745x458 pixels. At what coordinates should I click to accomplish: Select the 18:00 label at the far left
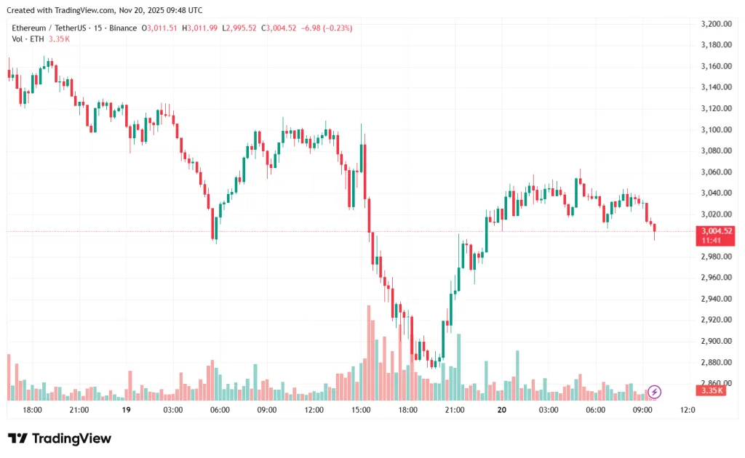click(32, 410)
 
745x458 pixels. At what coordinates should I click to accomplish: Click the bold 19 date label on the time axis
click(126, 410)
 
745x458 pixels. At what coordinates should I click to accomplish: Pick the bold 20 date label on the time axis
click(501, 410)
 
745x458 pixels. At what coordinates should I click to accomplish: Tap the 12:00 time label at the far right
click(688, 410)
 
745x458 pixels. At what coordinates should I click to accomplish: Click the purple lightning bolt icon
click(654, 393)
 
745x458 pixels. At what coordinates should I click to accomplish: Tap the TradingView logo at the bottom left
click(60, 438)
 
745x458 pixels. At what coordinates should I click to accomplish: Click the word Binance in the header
click(122, 28)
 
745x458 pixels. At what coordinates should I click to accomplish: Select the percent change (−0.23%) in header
click(336, 28)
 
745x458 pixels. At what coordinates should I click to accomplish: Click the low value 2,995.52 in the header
click(242, 28)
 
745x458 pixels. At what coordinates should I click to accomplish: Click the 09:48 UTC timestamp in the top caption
click(184, 10)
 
